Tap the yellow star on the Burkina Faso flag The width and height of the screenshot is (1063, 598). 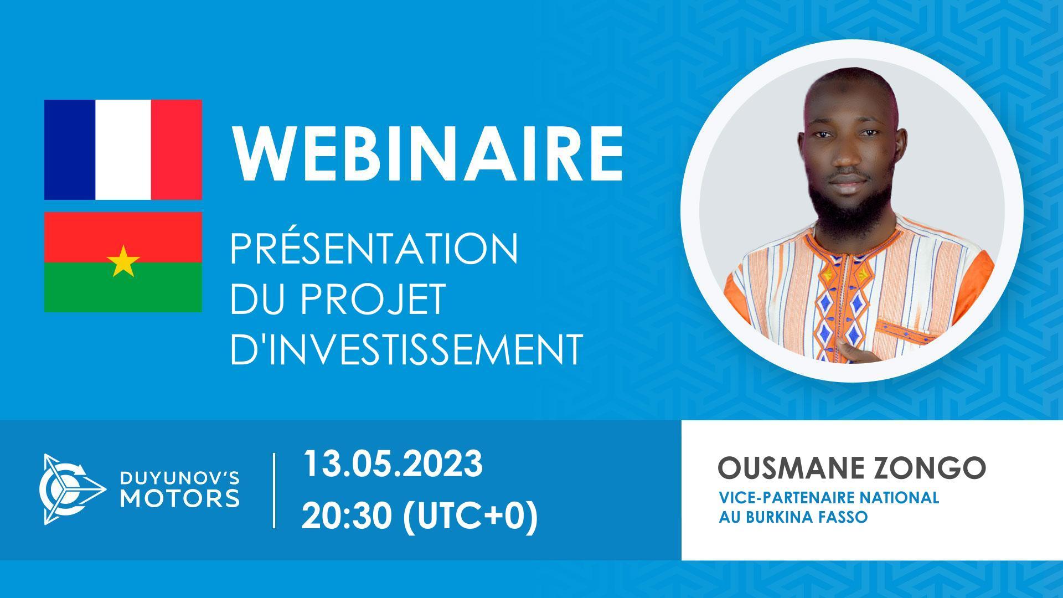123,262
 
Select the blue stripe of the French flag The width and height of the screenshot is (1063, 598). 70,149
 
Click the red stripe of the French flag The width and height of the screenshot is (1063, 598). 176,149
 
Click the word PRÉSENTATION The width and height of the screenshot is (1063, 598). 374,249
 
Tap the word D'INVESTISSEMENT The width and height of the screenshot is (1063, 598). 406,349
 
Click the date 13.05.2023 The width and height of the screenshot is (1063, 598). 392,464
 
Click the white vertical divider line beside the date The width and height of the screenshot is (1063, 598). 275,490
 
